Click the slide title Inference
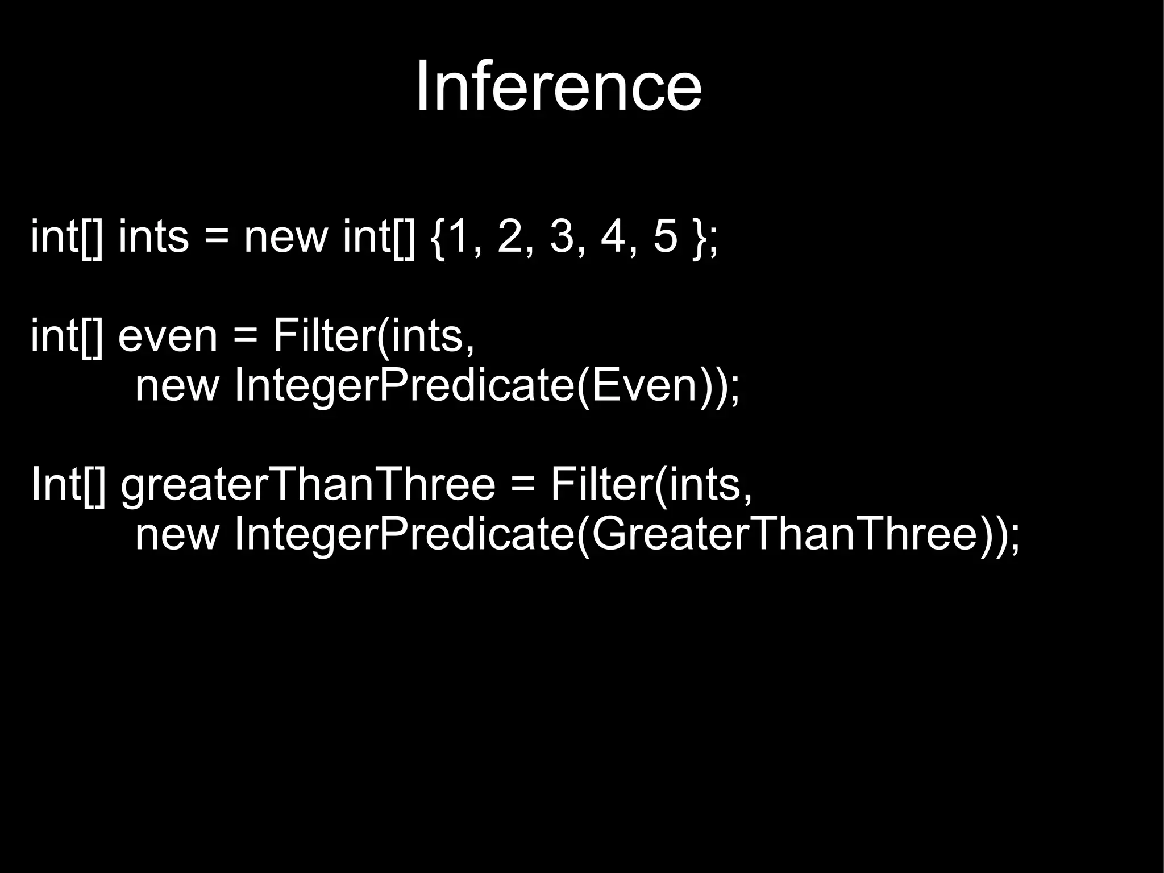pyautogui.click(x=559, y=87)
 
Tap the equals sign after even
pyautogui.click(x=245, y=336)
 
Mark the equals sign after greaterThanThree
pyautogui.click(x=523, y=485)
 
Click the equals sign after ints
pyautogui.click(x=216, y=237)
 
